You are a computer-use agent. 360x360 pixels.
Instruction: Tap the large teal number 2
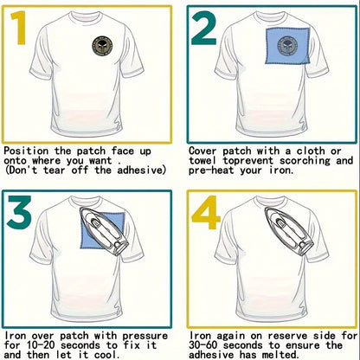coord(203,28)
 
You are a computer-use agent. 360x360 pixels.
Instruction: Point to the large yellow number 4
coord(206,213)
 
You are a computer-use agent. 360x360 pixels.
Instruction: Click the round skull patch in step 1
coord(102,46)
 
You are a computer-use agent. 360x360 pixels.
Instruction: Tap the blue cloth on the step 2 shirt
coord(287,46)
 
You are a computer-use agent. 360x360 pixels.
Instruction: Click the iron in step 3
coord(104,232)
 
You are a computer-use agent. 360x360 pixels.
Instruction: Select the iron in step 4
coord(289,232)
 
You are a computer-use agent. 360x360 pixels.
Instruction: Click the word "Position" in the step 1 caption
coord(26,151)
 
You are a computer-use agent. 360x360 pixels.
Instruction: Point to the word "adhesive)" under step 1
coord(142,170)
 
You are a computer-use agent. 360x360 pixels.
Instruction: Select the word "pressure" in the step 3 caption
coord(145,337)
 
